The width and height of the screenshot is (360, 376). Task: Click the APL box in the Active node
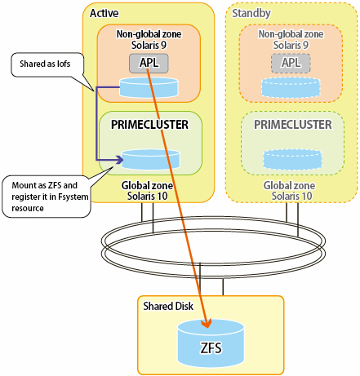click(x=149, y=64)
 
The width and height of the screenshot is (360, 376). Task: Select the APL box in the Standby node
click(x=291, y=64)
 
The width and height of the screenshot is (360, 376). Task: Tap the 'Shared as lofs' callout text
click(x=45, y=64)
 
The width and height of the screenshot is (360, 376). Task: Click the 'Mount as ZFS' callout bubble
click(x=47, y=197)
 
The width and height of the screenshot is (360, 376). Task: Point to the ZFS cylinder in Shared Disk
click(x=211, y=343)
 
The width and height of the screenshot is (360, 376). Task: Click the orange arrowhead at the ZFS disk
click(x=207, y=323)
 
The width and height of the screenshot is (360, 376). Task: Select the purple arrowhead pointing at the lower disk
click(x=120, y=160)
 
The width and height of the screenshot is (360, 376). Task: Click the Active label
click(x=104, y=13)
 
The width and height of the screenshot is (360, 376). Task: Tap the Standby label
click(x=251, y=13)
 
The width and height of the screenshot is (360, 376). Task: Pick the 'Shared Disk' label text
click(x=168, y=306)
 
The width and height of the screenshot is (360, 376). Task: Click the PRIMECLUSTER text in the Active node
click(x=149, y=125)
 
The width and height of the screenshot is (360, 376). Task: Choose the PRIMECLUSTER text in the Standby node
click(x=293, y=125)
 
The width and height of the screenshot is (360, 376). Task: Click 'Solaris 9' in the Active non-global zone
click(x=149, y=45)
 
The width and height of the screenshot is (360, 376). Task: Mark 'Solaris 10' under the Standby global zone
click(x=291, y=196)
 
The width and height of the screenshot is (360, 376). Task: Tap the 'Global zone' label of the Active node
click(x=147, y=185)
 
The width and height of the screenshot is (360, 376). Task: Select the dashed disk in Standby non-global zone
click(x=291, y=87)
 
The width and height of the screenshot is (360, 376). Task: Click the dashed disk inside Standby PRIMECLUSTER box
click(x=292, y=159)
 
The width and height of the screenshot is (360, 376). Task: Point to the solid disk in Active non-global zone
click(x=149, y=87)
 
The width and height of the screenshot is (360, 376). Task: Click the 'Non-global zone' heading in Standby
click(x=291, y=34)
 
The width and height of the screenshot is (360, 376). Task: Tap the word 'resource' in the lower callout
click(x=28, y=208)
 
